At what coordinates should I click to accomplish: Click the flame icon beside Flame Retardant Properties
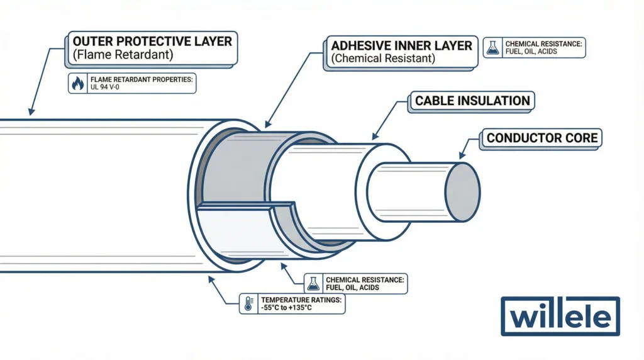(77, 84)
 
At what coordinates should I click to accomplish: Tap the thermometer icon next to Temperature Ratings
(248, 303)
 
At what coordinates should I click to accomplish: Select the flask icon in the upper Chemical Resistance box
(493, 48)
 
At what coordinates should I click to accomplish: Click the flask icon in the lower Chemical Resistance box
(313, 283)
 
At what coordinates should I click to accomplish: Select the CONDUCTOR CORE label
(541, 138)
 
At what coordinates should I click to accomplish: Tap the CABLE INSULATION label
(472, 101)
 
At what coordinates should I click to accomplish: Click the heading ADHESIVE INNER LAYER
(401, 46)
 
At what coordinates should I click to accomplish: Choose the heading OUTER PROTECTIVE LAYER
(150, 42)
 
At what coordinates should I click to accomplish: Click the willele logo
(560, 317)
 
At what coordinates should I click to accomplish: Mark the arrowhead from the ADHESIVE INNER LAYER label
(267, 127)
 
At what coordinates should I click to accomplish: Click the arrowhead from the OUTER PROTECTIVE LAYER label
(30, 111)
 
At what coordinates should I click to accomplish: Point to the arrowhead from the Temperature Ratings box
(209, 276)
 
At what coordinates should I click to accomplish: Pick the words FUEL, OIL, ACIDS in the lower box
(353, 288)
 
